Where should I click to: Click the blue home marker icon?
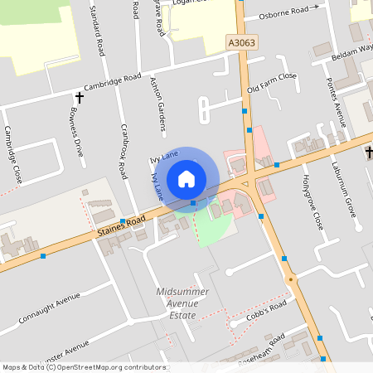click(x=186, y=178)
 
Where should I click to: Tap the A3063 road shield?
click(x=238, y=40)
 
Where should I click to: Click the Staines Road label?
click(x=120, y=221)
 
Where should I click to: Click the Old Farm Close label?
click(x=272, y=82)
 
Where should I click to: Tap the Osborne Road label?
click(x=288, y=12)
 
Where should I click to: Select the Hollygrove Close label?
click(x=312, y=201)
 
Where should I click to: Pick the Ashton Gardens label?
click(x=158, y=104)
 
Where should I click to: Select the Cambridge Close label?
click(x=13, y=154)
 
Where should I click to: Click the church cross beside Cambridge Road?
click(x=80, y=98)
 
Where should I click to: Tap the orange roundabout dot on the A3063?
click(x=291, y=279)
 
